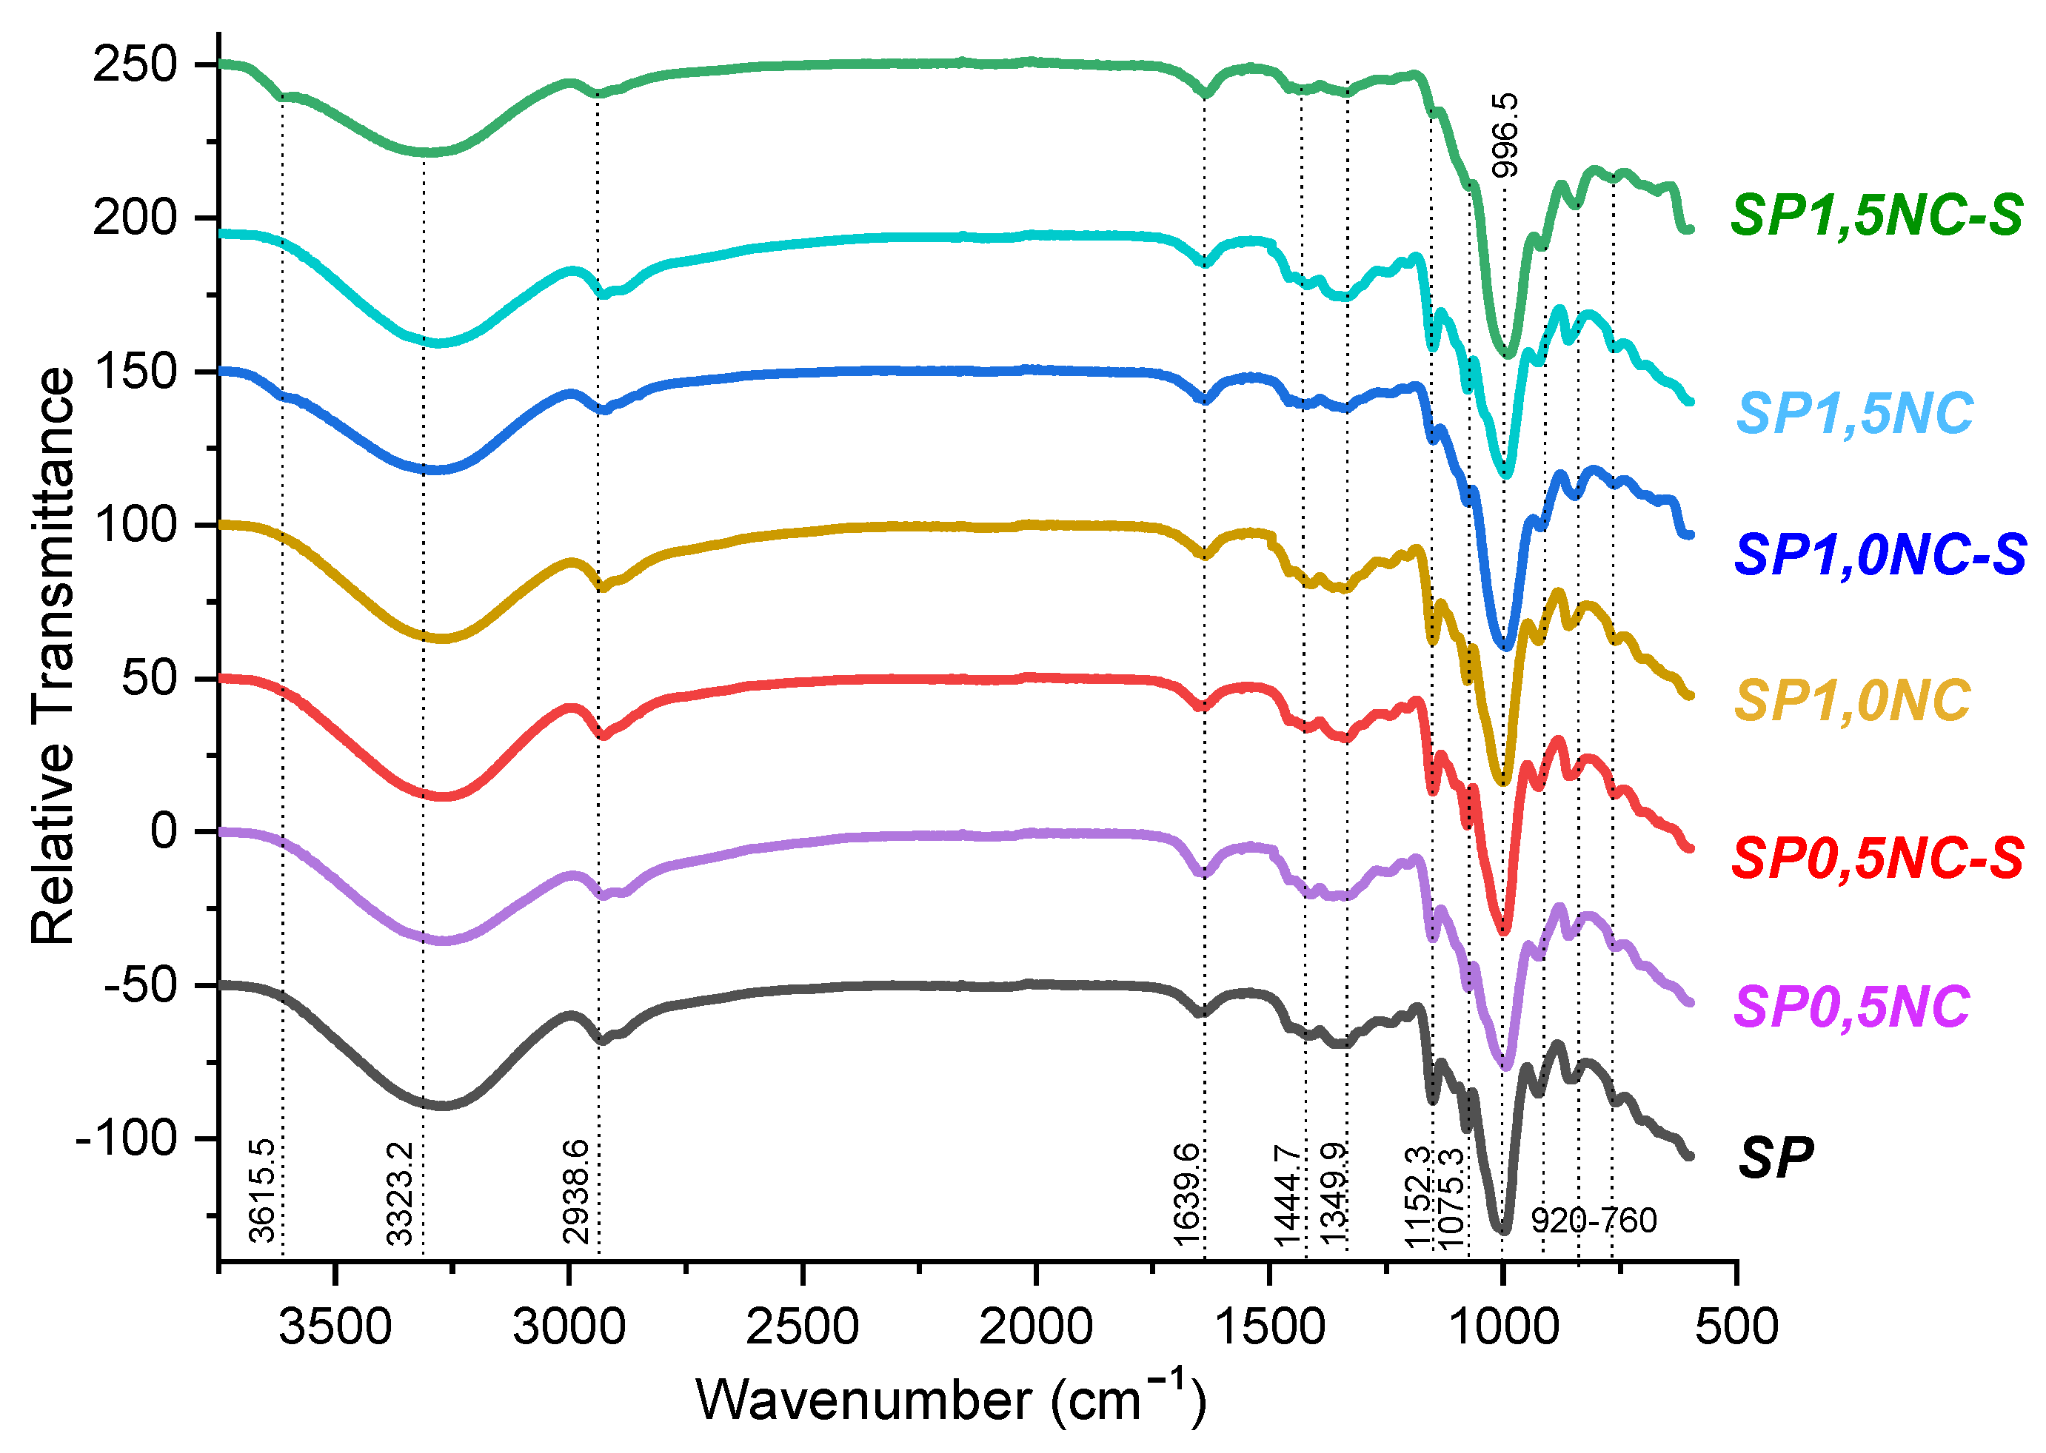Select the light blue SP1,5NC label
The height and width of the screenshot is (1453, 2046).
1854,413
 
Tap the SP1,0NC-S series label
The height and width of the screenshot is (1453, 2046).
1879,554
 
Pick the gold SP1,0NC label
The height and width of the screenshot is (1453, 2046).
1853,699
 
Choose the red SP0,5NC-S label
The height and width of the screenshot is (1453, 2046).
1878,858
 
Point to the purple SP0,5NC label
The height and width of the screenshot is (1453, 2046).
1852,1007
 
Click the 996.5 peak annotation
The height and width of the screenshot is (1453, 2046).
1505,135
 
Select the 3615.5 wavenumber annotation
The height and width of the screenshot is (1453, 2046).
261,1191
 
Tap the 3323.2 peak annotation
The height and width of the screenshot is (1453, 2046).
399,1192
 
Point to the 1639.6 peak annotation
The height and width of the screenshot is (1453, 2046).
1186,1192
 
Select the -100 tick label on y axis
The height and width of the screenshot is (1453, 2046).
127,1138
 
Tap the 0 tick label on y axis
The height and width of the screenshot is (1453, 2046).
164,831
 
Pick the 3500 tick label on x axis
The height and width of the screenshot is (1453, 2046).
335,1327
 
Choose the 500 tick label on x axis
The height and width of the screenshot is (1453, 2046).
1736,1327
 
